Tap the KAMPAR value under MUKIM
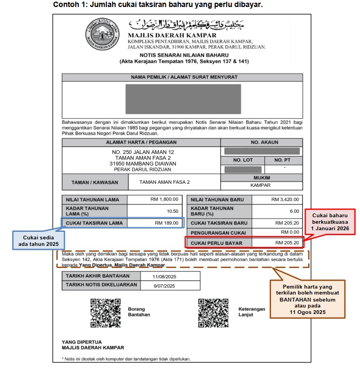coord(261,184)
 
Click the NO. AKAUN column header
coord(261,143)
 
